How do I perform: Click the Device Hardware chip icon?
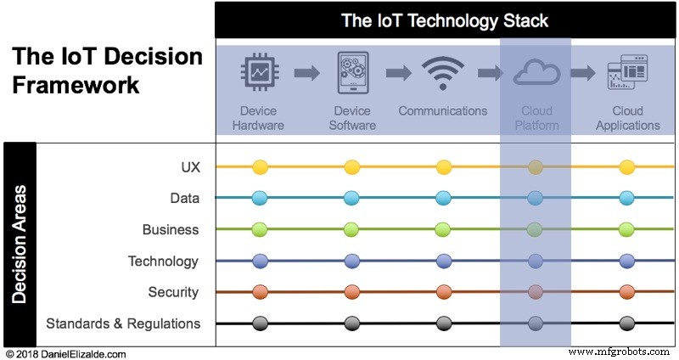point(260,72)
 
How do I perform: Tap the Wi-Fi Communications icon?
point(442,73)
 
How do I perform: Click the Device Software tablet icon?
point(353,72)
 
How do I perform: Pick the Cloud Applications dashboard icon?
point(627,72)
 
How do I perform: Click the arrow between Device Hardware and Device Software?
point(306,73)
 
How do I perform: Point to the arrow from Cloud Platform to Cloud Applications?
point(582,73)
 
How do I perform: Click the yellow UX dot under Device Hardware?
point(260,166)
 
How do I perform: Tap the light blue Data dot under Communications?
point(443,198)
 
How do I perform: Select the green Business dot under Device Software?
point(351,229)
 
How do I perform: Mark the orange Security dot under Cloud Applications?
point(627,291)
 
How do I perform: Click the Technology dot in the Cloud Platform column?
point(536,261)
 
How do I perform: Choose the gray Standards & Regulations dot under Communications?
point(443,323)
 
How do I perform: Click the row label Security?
point(173,292)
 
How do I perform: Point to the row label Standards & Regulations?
point(123,323)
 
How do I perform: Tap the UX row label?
point(190,167)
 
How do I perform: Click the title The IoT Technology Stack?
point(445,20)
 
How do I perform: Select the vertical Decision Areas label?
point(20,245)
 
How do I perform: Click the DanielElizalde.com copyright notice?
point(66,354)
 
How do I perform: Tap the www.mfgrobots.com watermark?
point(619,352)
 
